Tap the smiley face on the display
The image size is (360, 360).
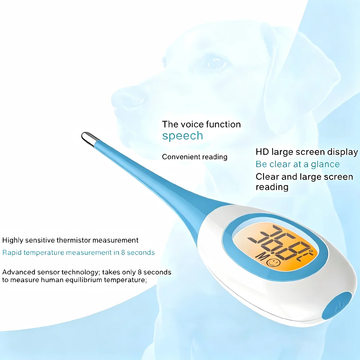[x=274, y=262]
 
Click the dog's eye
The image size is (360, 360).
[x=216, y=62]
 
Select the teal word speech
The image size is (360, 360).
[x=183, y=136]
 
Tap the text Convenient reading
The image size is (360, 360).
[x=195, y=157]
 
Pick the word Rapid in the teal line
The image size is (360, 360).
[x=12, y=253]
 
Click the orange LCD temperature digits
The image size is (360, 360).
[x=279, y=243]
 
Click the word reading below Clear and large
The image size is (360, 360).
[x=272, y=187]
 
